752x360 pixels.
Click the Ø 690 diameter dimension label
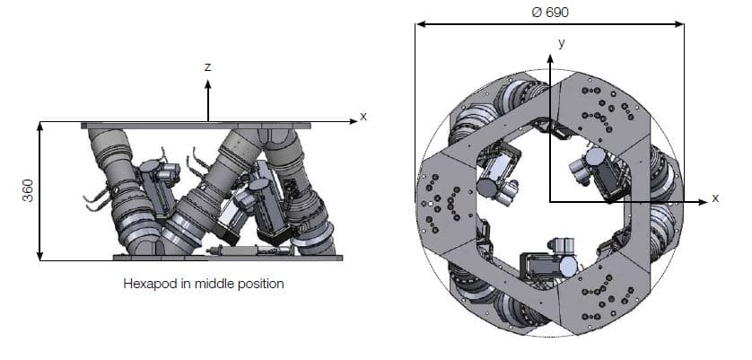[550, 12]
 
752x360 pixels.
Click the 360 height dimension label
[28, 190]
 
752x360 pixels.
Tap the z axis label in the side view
[207, 67]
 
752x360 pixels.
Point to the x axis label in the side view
[363, 116]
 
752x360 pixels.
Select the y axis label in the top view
[561, 43]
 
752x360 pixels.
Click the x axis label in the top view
[715, 198]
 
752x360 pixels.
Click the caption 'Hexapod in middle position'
[204, 284]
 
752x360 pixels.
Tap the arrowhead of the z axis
[207, 84]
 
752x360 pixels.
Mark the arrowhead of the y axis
[550, 58]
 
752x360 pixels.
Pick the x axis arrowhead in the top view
[703, 202]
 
